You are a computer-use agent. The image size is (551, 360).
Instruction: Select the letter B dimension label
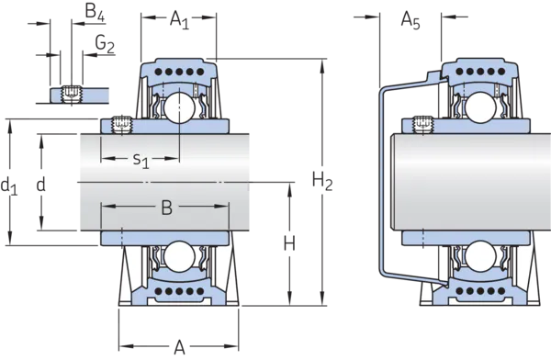pyautogui.click(x=166, y=208)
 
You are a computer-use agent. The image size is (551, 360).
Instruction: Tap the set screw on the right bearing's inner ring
pyautogui.click(x=422, y=123)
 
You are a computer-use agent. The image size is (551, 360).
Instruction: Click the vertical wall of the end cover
pyautogui.click(x=380, y=184)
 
